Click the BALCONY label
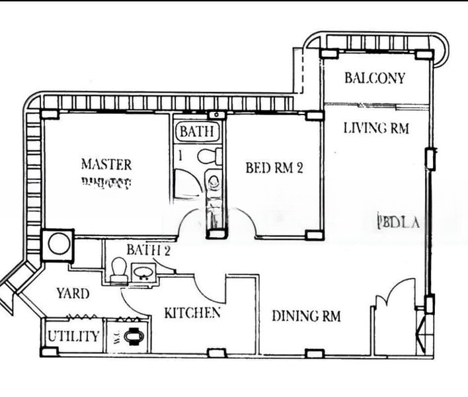(x=374, y=78)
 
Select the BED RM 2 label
(x=274, y=168)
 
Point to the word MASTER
(x=106, y=164)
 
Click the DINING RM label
(x=306, y=316)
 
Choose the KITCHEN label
(x=192, y=313)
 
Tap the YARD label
(x=73, y=292)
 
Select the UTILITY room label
(x=73, y=337)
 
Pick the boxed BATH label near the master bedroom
(x=196, y=132)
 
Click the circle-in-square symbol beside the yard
(x=58, y=243)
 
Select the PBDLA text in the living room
(x=398, y=222)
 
